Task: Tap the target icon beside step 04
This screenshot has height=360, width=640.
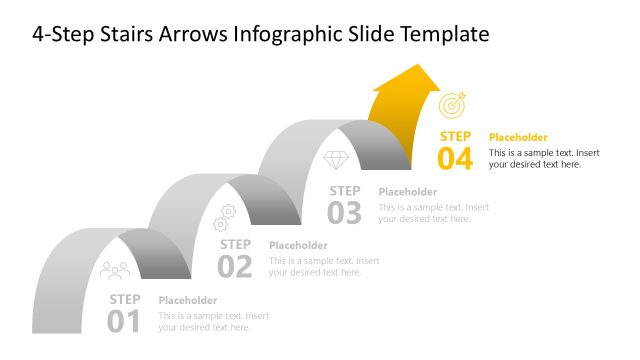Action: tap(452, 105)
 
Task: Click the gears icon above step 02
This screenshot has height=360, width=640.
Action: tap(225, 217)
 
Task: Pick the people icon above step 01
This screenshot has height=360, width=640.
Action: tap(115, 270)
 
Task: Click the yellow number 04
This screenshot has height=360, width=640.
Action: tap(455, 159)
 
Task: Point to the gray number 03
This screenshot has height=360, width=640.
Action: tap(345, 212)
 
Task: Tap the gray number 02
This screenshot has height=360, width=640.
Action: tap(235, 266)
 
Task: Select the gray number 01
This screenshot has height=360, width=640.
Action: tap(125, 321)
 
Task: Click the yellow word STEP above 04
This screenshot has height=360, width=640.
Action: tap(455, 136)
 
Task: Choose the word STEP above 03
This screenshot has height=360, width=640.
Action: tap(345, 190)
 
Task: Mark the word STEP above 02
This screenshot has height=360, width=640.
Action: tap(235, 244)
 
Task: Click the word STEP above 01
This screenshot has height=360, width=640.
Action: tap(125, 298)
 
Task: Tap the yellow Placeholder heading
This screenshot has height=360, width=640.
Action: tap(518, 137)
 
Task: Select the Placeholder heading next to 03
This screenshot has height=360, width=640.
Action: tap(408, 192)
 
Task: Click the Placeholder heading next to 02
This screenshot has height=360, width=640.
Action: tap(298, 245)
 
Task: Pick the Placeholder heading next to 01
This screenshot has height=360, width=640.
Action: tap(188, 300)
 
